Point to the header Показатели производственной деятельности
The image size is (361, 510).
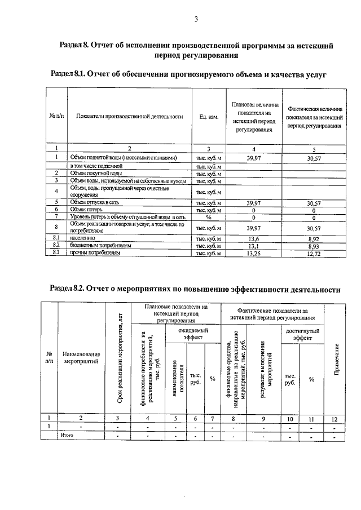130,117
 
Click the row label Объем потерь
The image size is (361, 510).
86,209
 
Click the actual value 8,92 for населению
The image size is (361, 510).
314,239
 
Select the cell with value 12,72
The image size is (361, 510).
314,254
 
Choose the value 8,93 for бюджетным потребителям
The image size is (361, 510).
314,246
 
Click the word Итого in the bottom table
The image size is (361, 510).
67,436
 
